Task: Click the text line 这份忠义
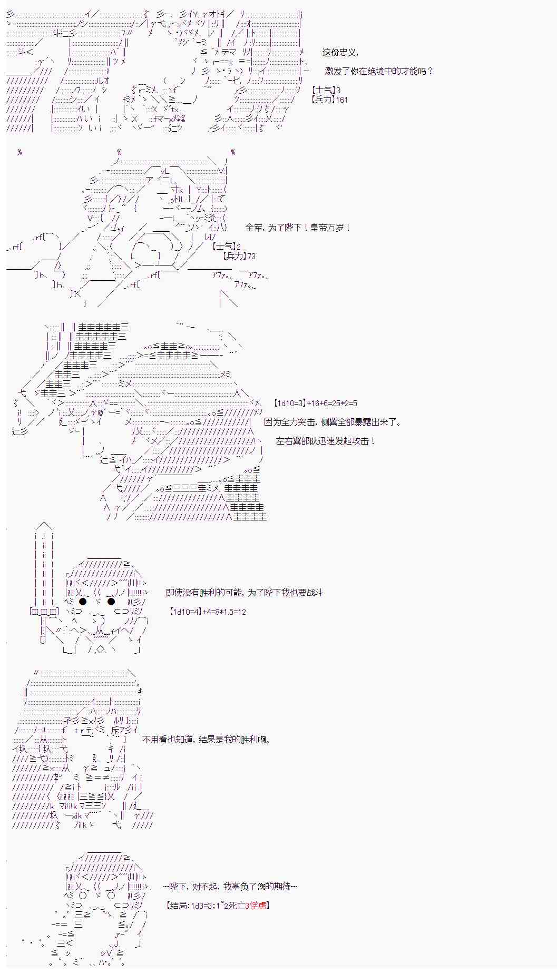pyautogui.click(x=340, y=53)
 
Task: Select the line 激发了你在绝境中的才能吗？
pyautogui.click(x=379, y=71)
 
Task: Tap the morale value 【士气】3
pyautogui.click(x=326, y=91)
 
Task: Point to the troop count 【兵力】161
pyautogui.click(x=329, y=100)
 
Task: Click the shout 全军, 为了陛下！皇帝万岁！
pyautogui.click(x=298, y=228)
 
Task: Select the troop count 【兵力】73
pyautogui.click(x=239, y=256)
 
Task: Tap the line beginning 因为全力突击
pyautogui.click(x=333, y=422)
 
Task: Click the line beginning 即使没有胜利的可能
pyautogui.click(x=245, y=593)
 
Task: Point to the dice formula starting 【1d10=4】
pyautogui.click(x=208, y=612)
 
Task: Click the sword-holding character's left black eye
pyautogui.click(x=83, y=602)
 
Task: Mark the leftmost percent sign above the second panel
pyautogui.click(x=19, y=152)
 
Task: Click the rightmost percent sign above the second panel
pyautogui.click(x=233, y=152)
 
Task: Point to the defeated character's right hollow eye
pyautogui.click(x=111, y=896)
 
